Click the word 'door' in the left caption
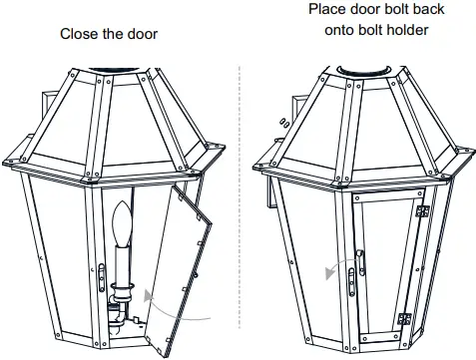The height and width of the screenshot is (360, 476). [x=141, y=34]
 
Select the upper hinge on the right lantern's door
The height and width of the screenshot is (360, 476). [x=421, y=212]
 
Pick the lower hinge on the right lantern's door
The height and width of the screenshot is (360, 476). [x=404, y=317]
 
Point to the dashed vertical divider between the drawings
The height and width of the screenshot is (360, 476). [x=239, y=199]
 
